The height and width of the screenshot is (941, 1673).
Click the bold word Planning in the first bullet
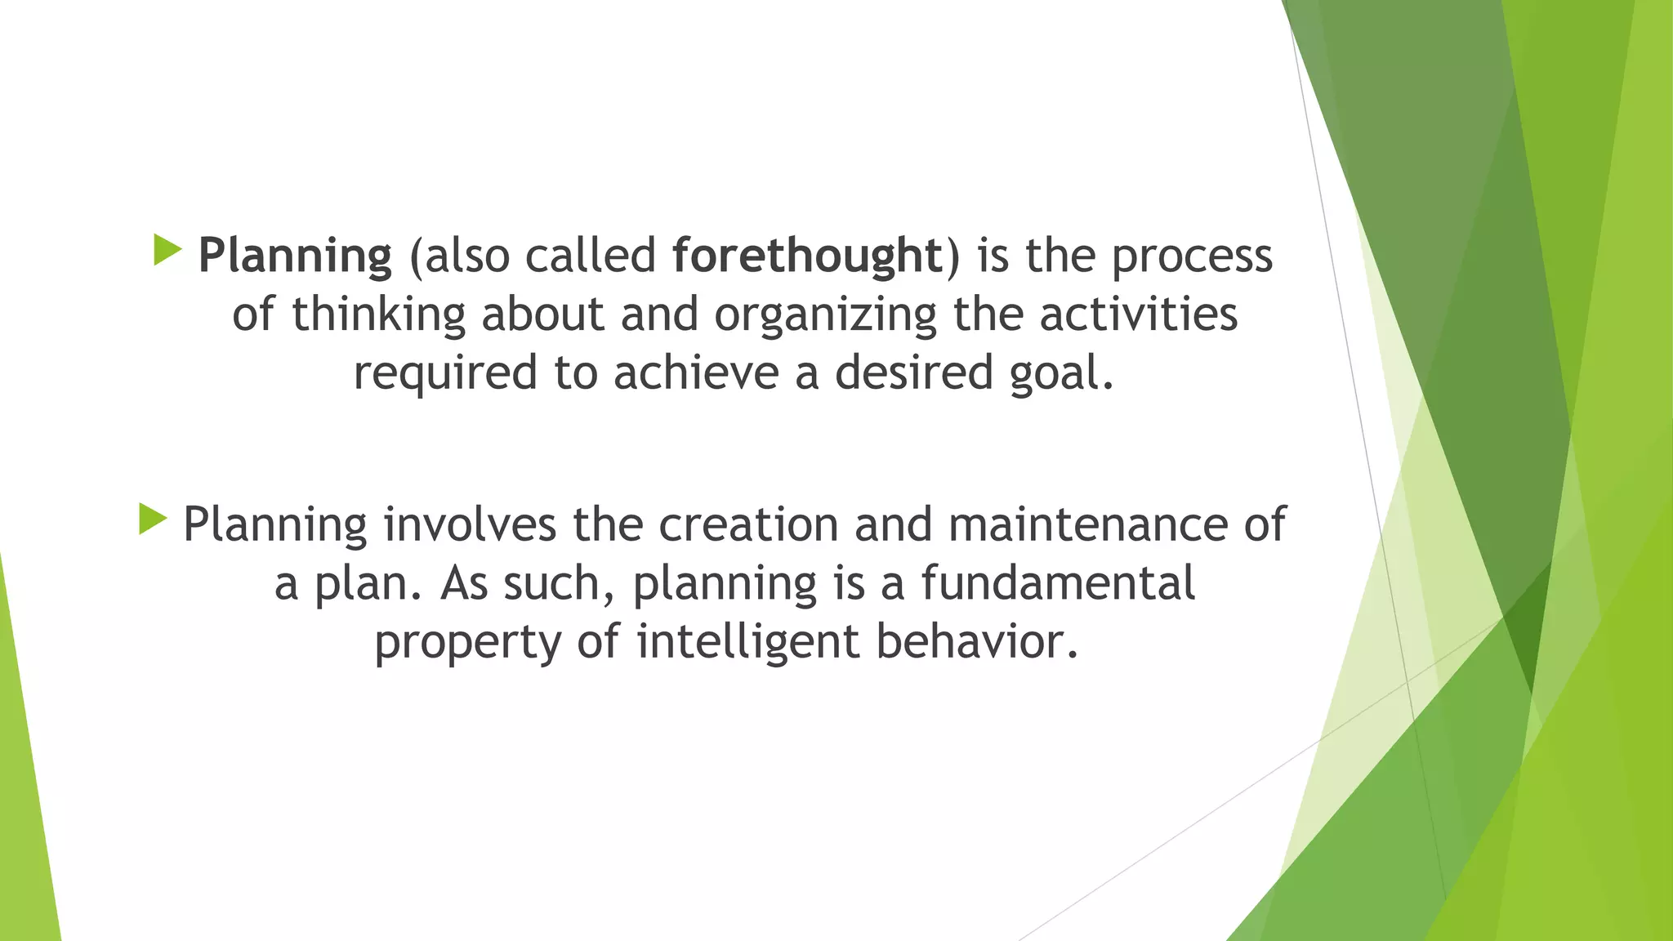click(295, 256)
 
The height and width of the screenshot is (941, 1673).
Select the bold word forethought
click(807, 256)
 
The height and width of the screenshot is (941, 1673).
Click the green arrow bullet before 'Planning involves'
click(153, 520)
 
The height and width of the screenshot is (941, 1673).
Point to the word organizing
click(825, 315)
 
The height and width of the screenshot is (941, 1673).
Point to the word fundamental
click(1058, 583)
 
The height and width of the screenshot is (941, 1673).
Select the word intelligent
click(747, 642)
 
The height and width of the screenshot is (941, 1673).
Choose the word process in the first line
click(1192, 256)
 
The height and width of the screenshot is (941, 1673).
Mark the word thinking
click(378, 315)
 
